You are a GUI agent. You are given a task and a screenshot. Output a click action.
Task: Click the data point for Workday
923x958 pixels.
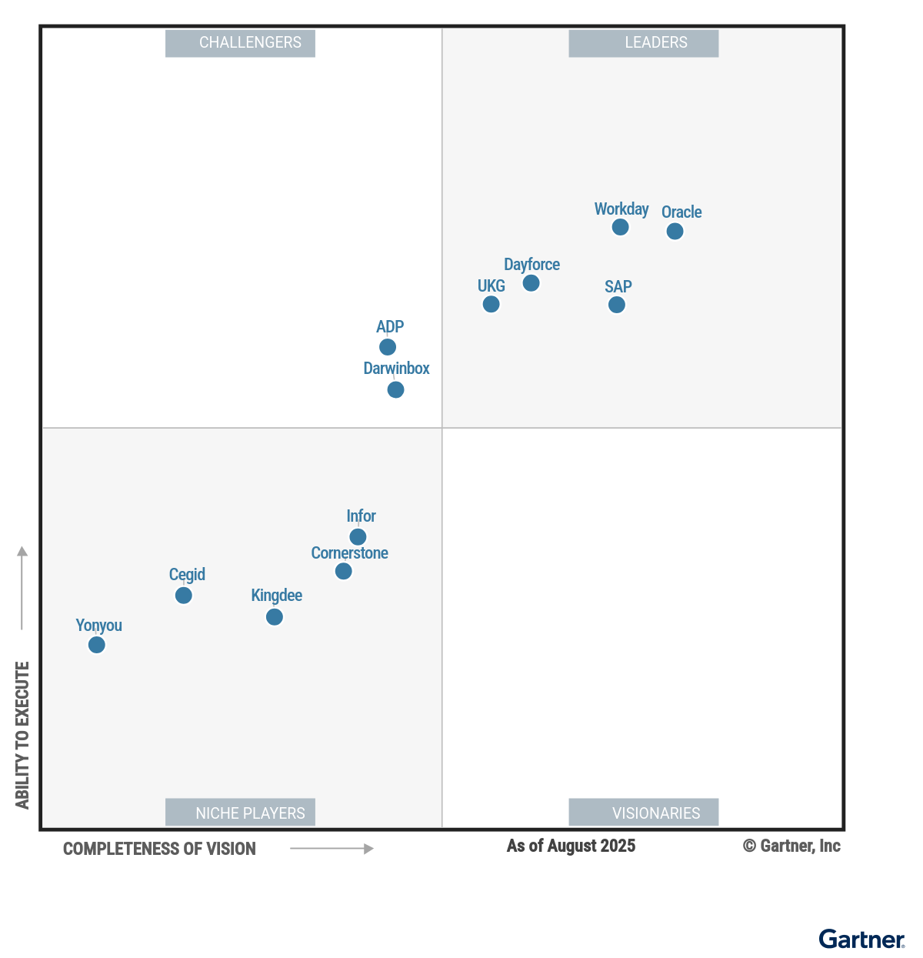click(620, 227)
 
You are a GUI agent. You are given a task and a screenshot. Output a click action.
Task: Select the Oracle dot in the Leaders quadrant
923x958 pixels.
click(675, 231)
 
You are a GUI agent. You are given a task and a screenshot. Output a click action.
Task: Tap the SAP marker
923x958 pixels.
click(617, 305)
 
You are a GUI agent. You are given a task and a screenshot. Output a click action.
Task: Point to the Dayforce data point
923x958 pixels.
click(531, 283)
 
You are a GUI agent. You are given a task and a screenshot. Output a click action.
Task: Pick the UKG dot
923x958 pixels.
click(491, 304)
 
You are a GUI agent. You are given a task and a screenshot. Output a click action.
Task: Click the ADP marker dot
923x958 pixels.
click(388, 347)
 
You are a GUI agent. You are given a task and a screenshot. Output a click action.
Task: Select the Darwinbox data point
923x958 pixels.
click(395, 389)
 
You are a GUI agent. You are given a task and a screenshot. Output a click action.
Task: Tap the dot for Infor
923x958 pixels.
click(358, 536)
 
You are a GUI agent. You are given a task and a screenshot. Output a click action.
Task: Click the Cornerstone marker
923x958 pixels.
click(344, 571)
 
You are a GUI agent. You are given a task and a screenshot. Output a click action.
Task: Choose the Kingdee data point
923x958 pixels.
click(275, 616)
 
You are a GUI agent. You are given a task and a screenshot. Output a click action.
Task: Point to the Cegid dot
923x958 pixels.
click(183, 596)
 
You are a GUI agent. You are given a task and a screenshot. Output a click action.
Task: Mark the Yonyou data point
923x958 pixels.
click(96, 645)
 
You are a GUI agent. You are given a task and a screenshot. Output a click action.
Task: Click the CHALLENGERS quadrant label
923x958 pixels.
click(240, 43)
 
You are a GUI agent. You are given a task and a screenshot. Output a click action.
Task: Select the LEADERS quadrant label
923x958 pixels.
click(644, 43)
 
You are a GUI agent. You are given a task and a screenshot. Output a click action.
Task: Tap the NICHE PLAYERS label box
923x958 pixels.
click(240, 813)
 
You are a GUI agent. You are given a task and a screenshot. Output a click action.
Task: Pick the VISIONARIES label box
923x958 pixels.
click(644, 813)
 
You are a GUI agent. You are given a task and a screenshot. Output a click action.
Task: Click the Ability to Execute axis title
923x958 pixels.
click(22, 735)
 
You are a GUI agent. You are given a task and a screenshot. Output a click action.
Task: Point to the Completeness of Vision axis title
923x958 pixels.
click(159, 849)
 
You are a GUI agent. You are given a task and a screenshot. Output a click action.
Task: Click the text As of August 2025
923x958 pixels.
click(571, 846)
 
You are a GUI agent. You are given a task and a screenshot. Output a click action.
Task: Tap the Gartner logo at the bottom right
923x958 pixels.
click(861, 940)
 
